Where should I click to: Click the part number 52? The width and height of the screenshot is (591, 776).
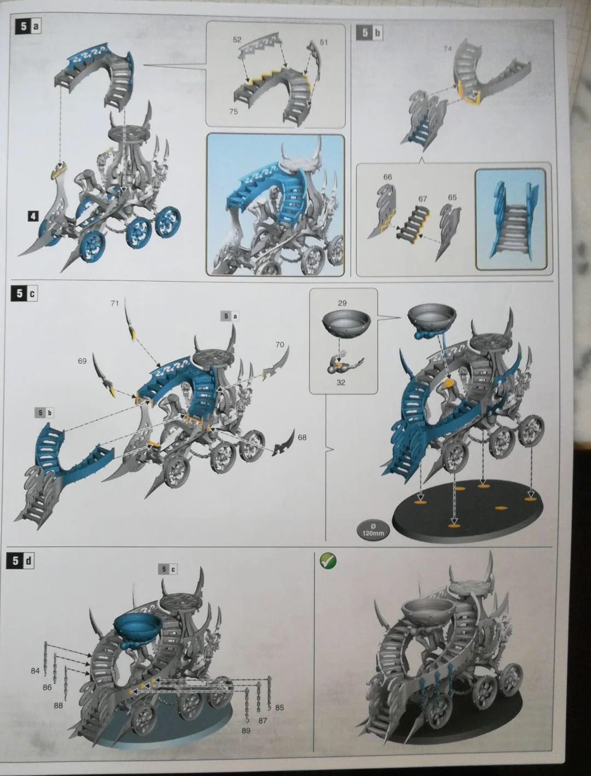(x=237, y=40)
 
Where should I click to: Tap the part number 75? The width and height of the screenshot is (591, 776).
(x=233, y=112)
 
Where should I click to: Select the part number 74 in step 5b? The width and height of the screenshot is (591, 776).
(x=448, y=49)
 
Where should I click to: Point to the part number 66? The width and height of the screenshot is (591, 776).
(x=387, y=177)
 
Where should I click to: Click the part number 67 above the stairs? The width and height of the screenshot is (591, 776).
(x=423, y=199)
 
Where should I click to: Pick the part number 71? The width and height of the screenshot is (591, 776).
(x=114, y=303)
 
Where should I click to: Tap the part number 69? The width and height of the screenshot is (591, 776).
(x=82, y=361)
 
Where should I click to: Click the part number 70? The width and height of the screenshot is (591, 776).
(x=280, y=344)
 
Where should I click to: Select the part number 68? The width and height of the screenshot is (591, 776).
(x=302, y=437)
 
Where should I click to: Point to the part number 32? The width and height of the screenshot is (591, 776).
(x=341, y=383)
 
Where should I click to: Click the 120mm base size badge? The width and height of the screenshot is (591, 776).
(x=373, y=530)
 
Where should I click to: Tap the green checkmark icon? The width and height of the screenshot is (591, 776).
(x=328, y=561)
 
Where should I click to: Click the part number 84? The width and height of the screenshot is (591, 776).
(x=35, y=661)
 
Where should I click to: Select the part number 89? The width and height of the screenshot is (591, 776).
(x=246, y=731)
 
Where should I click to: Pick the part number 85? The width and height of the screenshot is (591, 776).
(x=280, y=708)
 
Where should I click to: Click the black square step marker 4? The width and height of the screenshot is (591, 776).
(x=33, y=216)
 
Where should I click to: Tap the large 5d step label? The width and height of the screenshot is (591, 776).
(x=20, y=561)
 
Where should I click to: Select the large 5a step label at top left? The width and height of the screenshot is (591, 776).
(x=28, y=26)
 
